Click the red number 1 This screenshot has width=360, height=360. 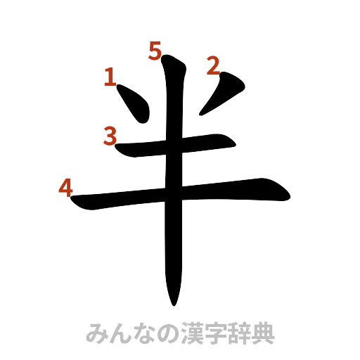pos(110,77)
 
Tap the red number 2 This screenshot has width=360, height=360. pos(212,67)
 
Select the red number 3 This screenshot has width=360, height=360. pos(110,134)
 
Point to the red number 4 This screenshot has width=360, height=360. pos(65,188)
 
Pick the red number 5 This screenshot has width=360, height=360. pos(155,50)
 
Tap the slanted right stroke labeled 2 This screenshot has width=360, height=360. pos(224,93)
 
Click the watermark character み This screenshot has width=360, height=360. pos(96,333)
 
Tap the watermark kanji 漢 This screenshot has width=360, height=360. pos(184,333)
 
